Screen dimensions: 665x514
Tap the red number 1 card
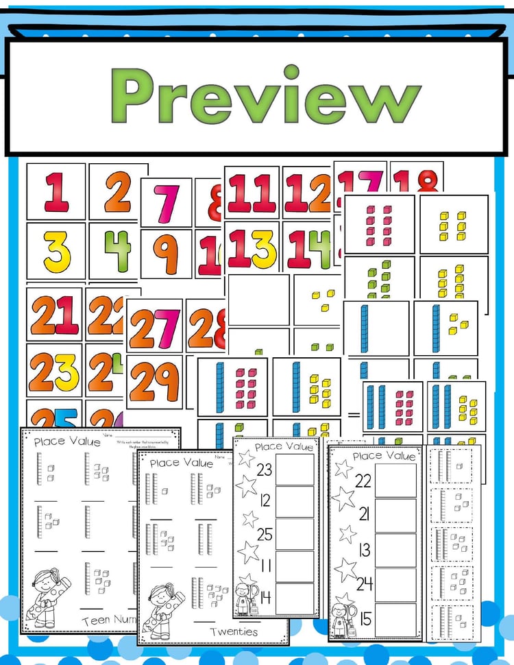coord(57,191)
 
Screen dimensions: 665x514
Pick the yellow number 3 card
coord(57,251)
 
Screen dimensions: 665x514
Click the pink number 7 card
coord(165,203)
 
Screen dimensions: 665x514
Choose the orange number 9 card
coord(165,254)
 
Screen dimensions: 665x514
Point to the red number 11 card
coord(252,193)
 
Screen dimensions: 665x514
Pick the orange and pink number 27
coord(154,326)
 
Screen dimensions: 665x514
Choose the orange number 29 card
coord(154,380)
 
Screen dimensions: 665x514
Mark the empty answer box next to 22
coord(395,481)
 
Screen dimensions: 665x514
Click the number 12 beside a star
coord(265,502)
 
